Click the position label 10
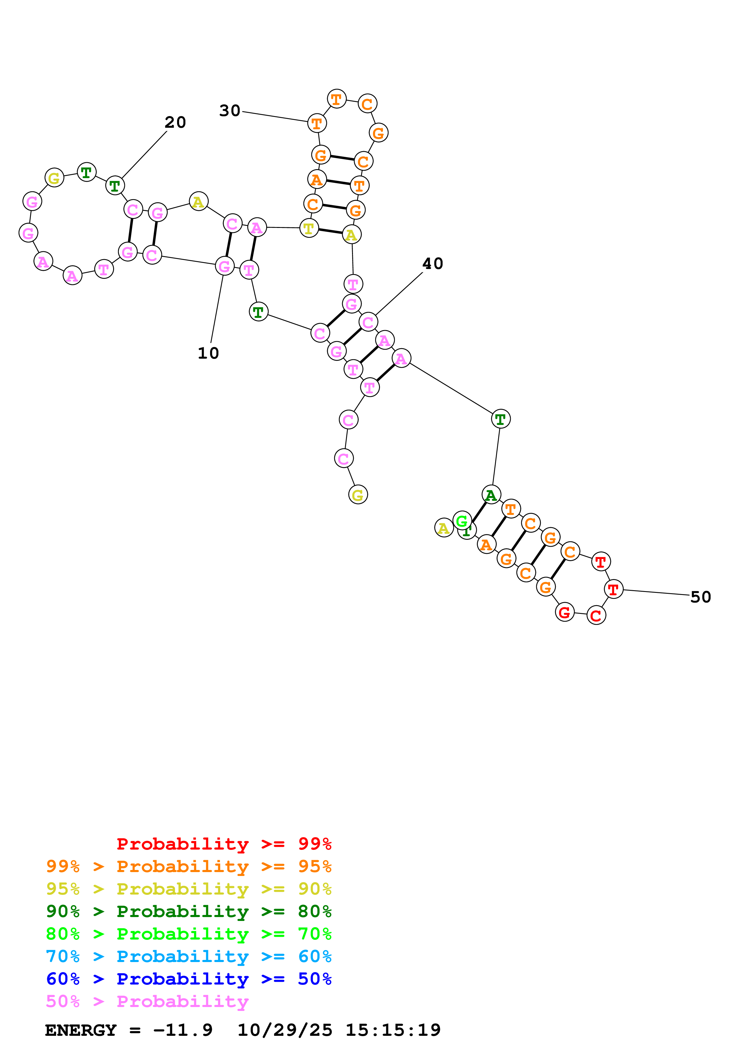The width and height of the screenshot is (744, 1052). click(x=208, y=353)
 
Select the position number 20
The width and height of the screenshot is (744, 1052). click(x=175, y=122)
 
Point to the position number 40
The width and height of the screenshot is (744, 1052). click(x=432, y=264)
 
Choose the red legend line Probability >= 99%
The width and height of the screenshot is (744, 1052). click(x=224, y=844)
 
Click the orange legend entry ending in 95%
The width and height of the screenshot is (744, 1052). click(x=189, y=866)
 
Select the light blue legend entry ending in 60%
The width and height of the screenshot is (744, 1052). click(x=189, y=957)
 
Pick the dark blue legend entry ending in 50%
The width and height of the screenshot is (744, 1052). click(x=189, y=979)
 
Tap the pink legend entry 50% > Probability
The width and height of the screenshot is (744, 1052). click(x=147, y=1002)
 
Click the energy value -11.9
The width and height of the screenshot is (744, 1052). click(x=183, y=1030)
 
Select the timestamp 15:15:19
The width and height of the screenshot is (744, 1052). click(x=393, y=1030)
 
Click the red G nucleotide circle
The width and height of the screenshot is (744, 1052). click(x=564, y=612)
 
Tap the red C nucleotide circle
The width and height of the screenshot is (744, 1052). click(x=596, y=615)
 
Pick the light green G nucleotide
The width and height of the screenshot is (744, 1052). click(x=462, y=521)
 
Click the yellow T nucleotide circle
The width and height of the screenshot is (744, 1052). click(x=309, y=228)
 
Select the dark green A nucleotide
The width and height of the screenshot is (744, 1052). click(x=491, y=495)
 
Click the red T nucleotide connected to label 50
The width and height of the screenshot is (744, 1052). click(x=613, y=589)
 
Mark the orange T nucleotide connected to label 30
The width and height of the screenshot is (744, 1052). click(x=317, y=123)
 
